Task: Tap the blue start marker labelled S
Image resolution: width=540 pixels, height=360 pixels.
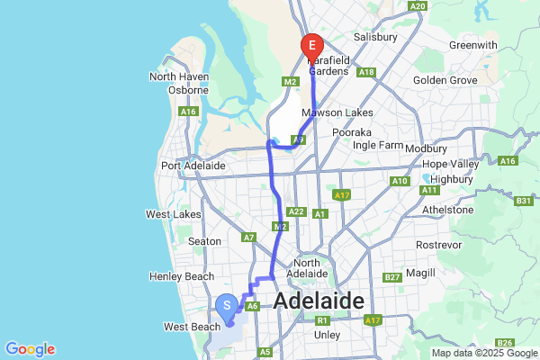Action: click(228, 307)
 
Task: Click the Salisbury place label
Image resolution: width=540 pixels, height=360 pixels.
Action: click(375, 37)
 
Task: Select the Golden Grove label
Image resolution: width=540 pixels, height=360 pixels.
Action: click(444, 80)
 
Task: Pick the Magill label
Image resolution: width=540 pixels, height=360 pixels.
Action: click(420, 273)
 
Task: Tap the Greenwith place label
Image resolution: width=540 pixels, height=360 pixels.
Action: click(473, 45)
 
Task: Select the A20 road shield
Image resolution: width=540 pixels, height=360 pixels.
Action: click(417, 5)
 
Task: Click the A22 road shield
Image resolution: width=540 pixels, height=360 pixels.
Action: click(295, 211)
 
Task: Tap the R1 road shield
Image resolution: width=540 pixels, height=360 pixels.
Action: click(321, 319)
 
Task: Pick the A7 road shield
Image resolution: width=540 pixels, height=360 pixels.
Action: click(249, 238)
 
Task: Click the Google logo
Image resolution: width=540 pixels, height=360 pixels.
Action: click(30, 348)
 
